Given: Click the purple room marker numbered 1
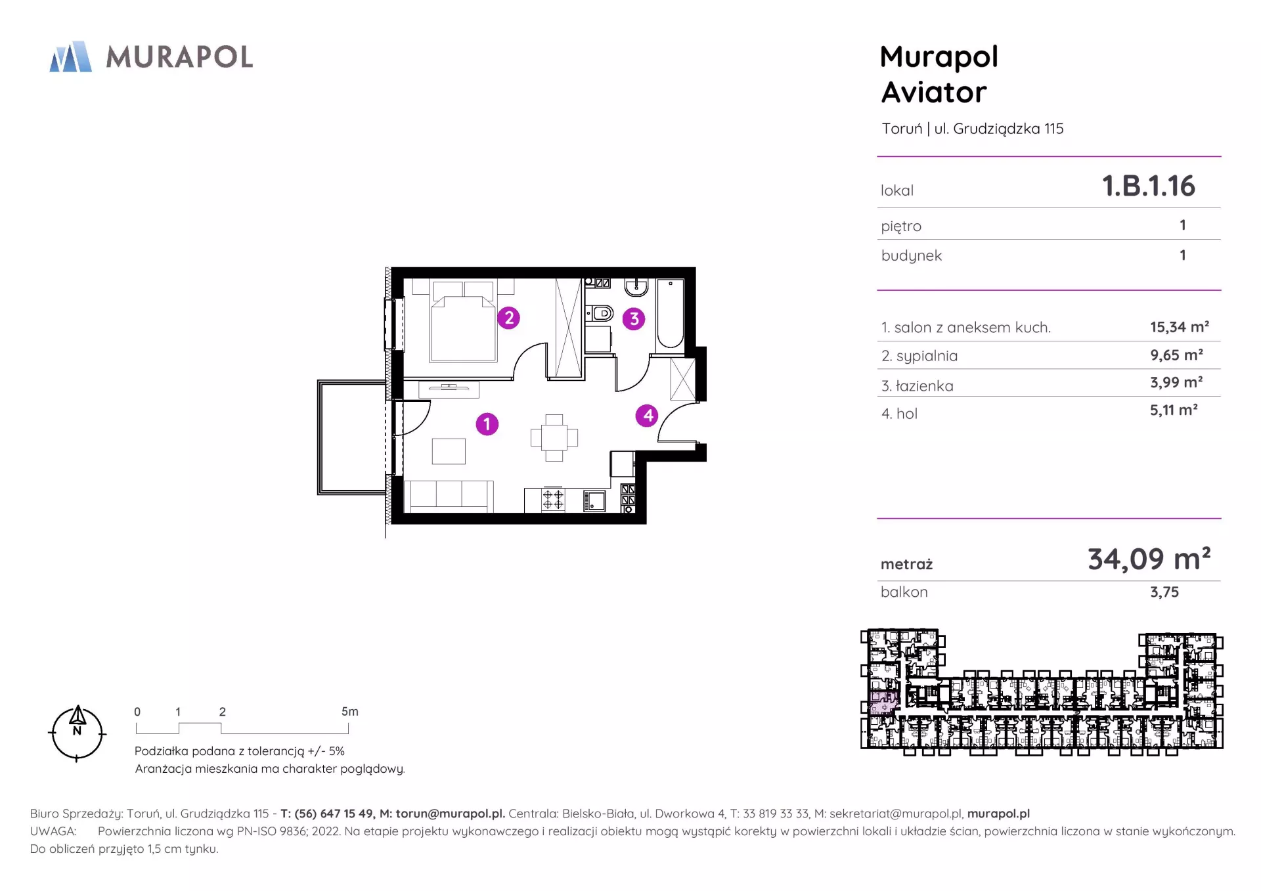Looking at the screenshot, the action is tap(487, 424).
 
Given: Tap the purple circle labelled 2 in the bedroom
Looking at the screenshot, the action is tap(508, 318).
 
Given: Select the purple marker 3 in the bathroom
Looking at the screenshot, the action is tap(634, 319).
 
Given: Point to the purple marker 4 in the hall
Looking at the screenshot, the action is tap(648, 415).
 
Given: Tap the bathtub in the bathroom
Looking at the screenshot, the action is tap(670, 313).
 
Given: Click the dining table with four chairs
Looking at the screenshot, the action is tap(554, 437).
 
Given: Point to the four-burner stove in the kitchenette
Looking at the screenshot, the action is tap(553, 500).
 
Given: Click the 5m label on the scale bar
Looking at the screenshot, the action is tap(350, 712).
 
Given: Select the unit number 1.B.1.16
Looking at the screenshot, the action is tap(1149, 186).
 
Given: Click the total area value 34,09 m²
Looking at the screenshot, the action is tap(1149, 559).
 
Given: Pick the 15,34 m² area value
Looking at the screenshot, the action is tap(1180, 327).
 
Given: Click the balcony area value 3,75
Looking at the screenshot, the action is tap(1164, 592).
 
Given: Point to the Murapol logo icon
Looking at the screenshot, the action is tap(71, 56).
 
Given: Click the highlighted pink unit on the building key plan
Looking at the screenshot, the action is tap(883, 702).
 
